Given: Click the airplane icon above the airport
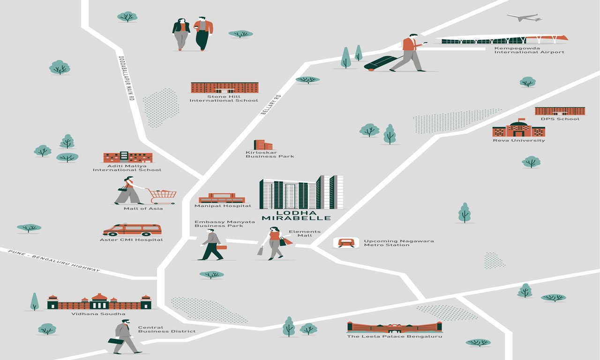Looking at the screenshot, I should (x=524, y=18).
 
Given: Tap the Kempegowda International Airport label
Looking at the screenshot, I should (x=529, y=50).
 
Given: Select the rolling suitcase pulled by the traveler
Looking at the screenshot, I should (x=380, y=63).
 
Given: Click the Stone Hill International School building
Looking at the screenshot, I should (x=224, y=88).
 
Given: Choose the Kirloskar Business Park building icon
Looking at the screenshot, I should (x=262, y=145).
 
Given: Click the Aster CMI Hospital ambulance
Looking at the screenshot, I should (x=132, y=230).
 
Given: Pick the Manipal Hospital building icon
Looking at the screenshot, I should (x=222, y=198).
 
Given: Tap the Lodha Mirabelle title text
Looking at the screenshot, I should (x=296, y=215).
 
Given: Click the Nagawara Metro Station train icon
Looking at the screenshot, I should (x=346, y=243).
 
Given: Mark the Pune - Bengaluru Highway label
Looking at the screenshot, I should (x=54, y=261).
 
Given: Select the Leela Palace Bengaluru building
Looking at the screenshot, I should (x=394, y=327).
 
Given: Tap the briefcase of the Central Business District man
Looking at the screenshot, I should (x=116, y=341).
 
